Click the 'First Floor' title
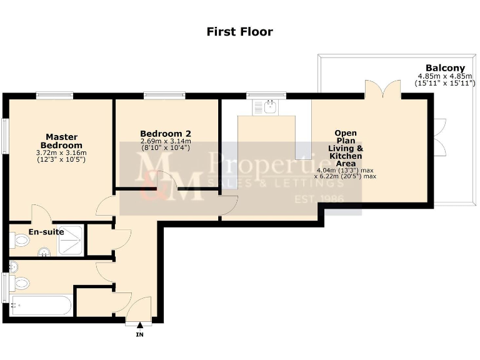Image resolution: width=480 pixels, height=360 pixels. (x=239, y=31)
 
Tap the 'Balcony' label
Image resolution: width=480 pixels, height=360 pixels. (x=445, y=68)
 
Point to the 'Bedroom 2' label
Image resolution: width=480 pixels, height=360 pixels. (x=165, y=134)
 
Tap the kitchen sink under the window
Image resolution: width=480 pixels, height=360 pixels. (x=266, y=107)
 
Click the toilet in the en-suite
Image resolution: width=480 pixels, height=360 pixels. (x=19, y=240)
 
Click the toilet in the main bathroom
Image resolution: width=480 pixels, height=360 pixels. (x=19, y=283)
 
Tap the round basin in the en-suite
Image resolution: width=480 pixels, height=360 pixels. (x=44, y=252)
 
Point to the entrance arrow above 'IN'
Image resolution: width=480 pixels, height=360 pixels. (x=139, y=324)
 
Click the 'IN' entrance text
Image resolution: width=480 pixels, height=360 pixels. (x=139, y=335)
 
